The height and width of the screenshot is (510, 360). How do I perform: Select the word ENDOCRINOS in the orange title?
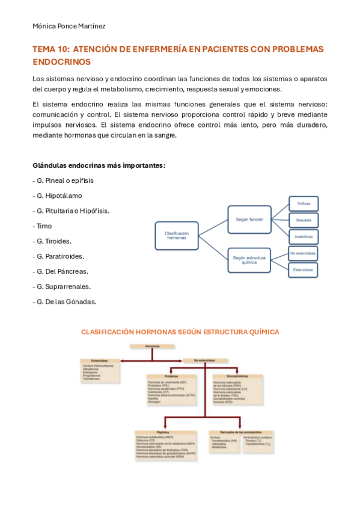(61, 61)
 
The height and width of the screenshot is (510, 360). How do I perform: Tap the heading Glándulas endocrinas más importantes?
(99, 165)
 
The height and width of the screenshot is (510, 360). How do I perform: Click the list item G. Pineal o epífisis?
(63, 180)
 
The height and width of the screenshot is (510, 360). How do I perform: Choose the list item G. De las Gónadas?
(64, 301)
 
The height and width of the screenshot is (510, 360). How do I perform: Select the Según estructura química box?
(249, 260)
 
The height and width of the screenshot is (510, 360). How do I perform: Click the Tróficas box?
(304, 204)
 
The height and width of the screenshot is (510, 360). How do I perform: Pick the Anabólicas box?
(304, 236)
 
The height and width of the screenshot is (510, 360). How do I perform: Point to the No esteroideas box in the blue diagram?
(304, 254)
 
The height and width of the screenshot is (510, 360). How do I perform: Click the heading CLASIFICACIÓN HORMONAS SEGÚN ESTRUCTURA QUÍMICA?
(180, 332)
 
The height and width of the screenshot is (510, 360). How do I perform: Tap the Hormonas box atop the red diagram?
(153, 347)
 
